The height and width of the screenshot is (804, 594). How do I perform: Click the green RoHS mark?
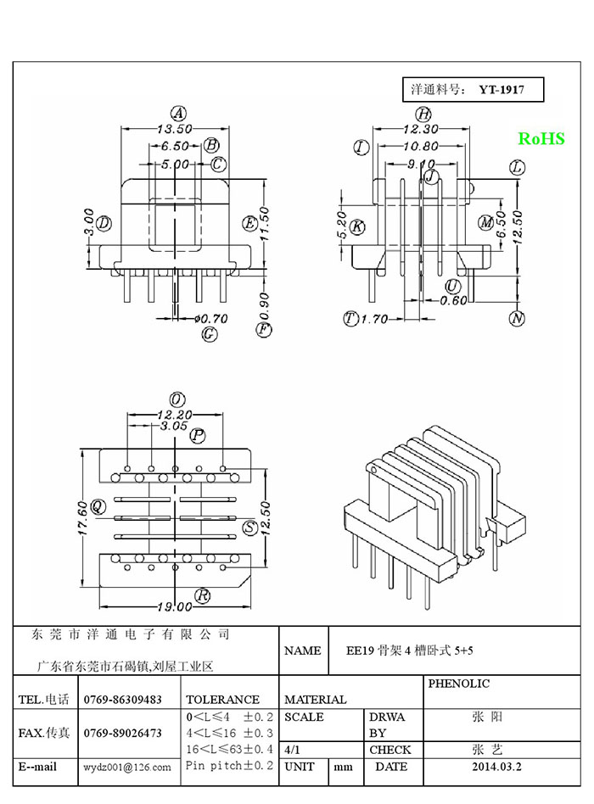[x=541, y=138]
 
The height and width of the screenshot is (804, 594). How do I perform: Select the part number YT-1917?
[x=502, y=90]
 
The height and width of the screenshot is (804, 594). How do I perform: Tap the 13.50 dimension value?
[x=175, y=129]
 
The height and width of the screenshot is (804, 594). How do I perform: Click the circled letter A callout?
[x=178, y=114]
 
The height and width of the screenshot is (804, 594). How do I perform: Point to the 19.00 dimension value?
[x=175, y=607]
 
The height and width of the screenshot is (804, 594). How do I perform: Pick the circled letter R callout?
[x=203, y=595]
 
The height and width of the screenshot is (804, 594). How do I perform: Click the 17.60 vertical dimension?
[x=82, y=518]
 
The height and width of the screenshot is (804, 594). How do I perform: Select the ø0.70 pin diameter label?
[x=210, y=319]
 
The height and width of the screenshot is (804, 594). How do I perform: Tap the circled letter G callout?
[x=210, y=334]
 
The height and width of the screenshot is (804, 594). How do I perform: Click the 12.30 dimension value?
[x=421, y=129]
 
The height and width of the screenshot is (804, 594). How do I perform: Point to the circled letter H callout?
[x=423, y=114]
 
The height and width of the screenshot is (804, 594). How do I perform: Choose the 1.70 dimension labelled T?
[x=374, y=319]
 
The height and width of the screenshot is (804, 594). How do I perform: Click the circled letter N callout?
[x=517, y=318]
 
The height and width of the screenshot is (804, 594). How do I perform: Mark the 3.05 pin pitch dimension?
[x=173, y=426]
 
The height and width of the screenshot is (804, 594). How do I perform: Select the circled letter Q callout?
[x=98, y=507]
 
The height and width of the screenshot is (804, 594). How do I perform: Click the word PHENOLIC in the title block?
[x=458, y=684]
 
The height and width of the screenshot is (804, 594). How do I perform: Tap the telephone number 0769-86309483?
[x=122, y=700]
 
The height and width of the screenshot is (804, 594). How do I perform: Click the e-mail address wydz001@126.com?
[x=127, y=768]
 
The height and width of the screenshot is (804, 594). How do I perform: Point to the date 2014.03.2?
[x=496, y=767]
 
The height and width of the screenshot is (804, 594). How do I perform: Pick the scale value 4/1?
[x=292, y=751]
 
